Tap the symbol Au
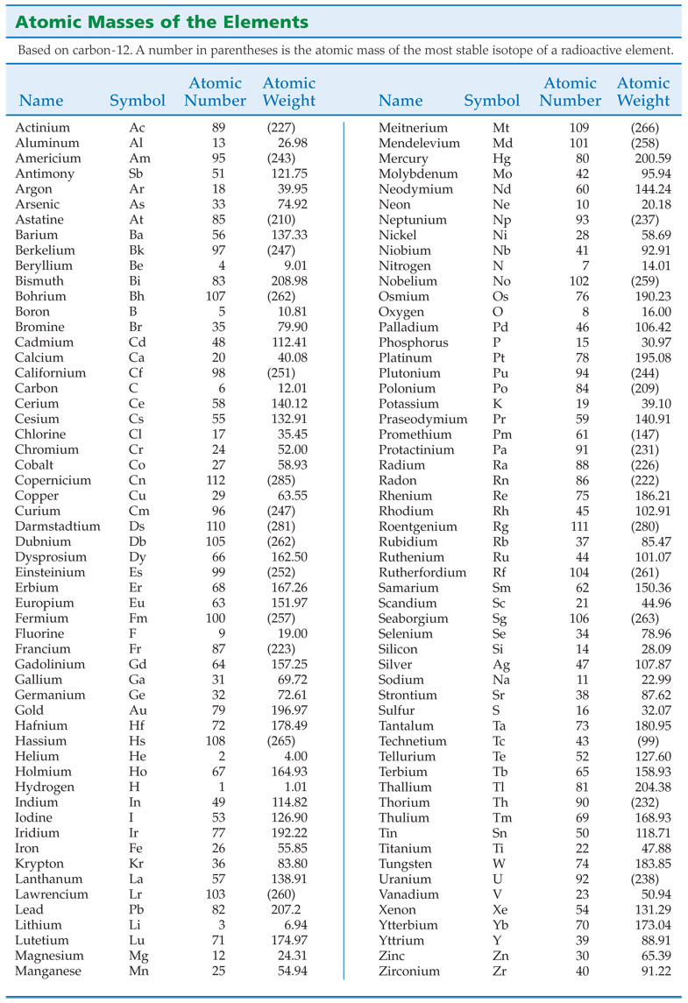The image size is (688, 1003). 138,710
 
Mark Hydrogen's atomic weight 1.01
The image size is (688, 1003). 292,787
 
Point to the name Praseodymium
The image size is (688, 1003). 422,419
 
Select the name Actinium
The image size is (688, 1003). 42,128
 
